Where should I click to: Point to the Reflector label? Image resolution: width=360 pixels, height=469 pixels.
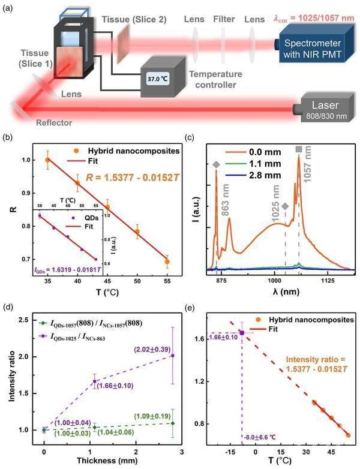coord(51,122)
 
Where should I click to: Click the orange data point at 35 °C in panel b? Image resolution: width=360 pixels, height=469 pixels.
coord(48,160)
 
